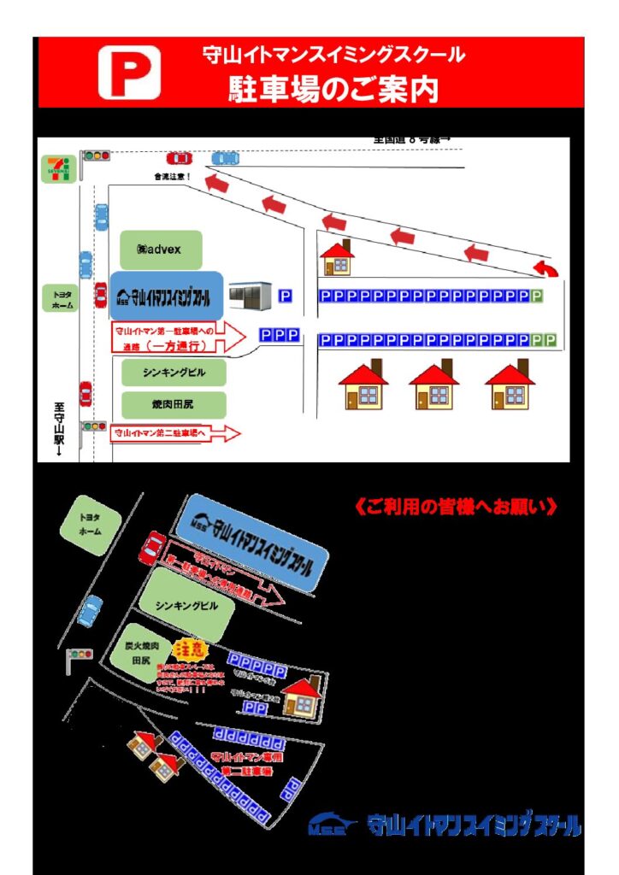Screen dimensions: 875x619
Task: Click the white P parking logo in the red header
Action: pos(129,73)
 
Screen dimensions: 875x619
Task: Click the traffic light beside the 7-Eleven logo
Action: pos(96,156)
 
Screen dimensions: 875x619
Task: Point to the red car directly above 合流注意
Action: pos(180,158)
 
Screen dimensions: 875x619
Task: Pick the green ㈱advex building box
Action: pos(161,250)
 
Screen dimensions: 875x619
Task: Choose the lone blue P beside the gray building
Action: pos(286,297)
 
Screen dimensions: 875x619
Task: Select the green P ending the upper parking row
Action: pos(537,297)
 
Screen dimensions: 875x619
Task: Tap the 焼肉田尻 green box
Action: pos(174,403)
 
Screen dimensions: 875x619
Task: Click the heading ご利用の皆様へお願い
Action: pos(456,507)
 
